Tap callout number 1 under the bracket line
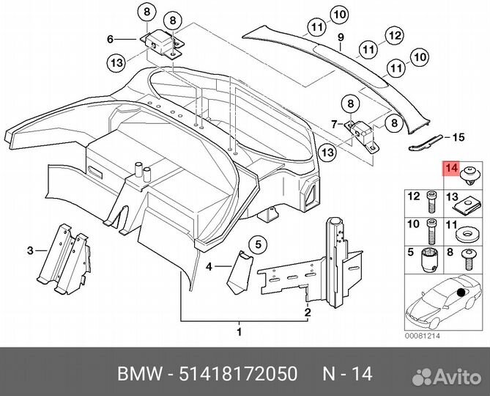click(239, 333)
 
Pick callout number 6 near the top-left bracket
click(111, 39)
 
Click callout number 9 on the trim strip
click(340, 37)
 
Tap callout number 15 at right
click(459, 137)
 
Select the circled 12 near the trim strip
click(394, 34)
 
